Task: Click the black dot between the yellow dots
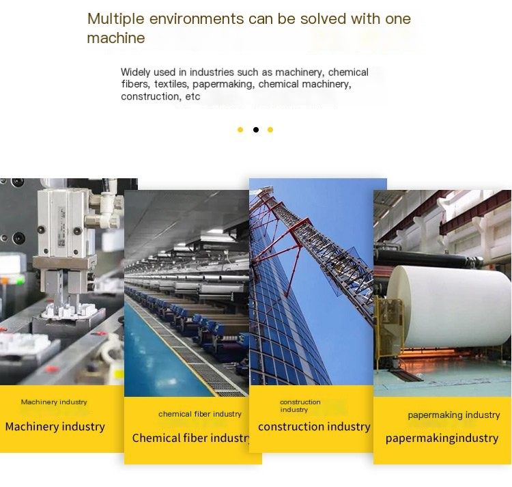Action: click(256, 130)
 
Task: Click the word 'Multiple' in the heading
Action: click(115, 19)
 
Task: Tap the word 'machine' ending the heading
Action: click(116, 38)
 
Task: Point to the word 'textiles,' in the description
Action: click(171, 84)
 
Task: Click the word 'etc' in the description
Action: click(193, 97)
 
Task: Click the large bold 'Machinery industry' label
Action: click(55, 427)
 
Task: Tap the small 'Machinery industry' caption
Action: click(54, 402)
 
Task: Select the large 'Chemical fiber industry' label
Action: click(191, 438)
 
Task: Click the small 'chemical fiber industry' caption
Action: click(200, 414)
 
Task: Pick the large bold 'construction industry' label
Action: click(314, 427)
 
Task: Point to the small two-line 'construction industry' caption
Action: click(300, 406)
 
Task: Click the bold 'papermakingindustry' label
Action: click(442, 439)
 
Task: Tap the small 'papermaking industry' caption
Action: click(454, 415)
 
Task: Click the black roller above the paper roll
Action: click(428, 258)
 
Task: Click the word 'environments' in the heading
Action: click(197, 19)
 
